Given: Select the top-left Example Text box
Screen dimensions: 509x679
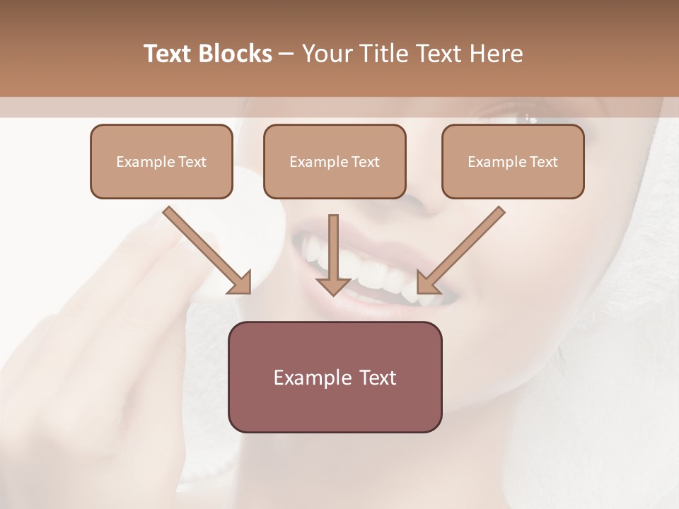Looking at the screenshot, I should [x=161, y=161].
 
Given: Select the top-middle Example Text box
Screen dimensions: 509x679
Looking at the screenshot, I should [x=335, y=161].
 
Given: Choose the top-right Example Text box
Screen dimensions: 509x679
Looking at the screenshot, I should [x=513, y=161].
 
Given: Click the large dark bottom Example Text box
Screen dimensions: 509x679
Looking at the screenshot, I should [x=335, y=377].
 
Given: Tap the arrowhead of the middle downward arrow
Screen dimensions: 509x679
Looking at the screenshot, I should [x=334, y=285].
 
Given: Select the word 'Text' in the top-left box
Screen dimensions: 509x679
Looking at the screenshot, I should [x=192, y=162].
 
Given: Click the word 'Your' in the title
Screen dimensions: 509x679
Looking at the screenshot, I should [x=325, y=54].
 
